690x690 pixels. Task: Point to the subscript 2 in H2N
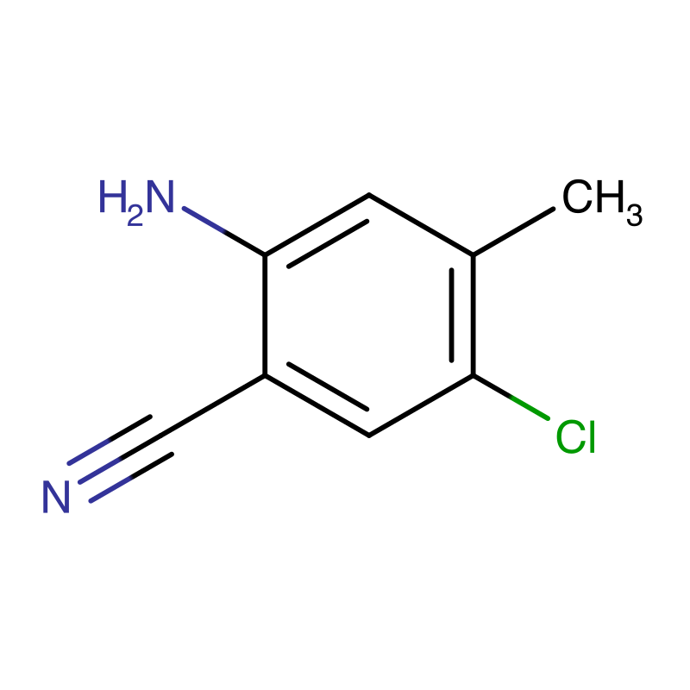pos(135,216)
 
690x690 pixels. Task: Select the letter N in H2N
pos(161,198)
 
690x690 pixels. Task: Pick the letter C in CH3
pos(577,198)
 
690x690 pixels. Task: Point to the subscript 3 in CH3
pos(634,216)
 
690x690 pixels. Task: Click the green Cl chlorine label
pos(576,438)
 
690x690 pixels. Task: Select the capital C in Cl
pos(568,438)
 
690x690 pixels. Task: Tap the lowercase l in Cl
pos(591,437)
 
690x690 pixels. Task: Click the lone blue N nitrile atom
pos(56,498)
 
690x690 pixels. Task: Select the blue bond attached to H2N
pos(204,220)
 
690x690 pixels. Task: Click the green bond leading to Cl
pos(530,408)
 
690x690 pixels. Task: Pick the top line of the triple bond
pos(89,453)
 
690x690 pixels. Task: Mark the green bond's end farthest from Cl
pos(511,398)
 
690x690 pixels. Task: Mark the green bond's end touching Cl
pos(549,419)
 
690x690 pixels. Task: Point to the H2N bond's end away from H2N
pos(224,231)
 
